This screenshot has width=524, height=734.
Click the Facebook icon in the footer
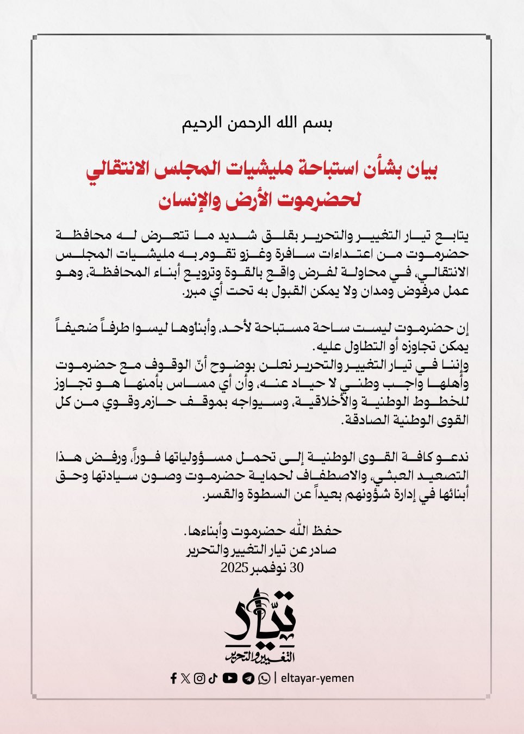click(x=173, y=678)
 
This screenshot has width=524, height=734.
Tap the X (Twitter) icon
click(x=186, y=678)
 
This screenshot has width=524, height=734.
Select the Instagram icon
click(x=199, y=678)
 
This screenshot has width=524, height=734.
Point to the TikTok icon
click(x=213, y=678)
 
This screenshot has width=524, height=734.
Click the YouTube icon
click(x=230, y=678)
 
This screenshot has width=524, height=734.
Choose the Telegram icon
click(x=248, y=679)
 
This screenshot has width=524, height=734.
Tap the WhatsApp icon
click(x=264, y=679)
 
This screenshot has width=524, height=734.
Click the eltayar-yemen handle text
click(x=317, y=678)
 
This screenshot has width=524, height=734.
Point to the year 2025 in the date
click(x=234, y=568)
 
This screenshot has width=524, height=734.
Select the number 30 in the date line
click(x=297, y=568)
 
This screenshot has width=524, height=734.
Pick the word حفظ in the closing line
click(x=328, y=530)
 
